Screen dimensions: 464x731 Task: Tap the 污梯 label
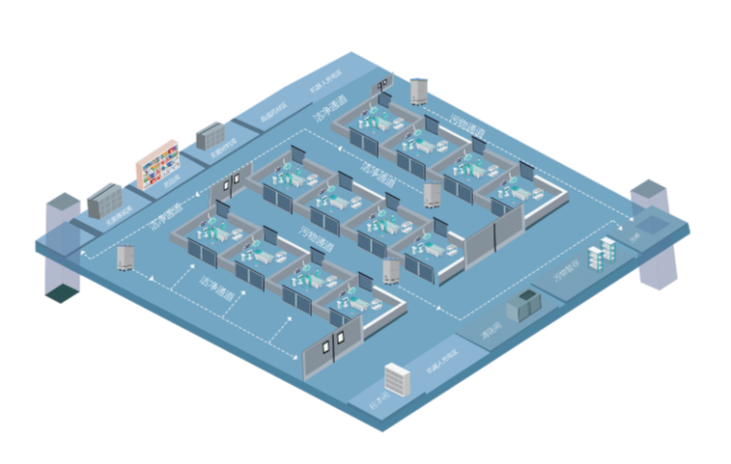(634, 236)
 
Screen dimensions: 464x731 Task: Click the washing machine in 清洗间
(529, 306)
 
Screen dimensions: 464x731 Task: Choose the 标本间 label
(380, 397)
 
